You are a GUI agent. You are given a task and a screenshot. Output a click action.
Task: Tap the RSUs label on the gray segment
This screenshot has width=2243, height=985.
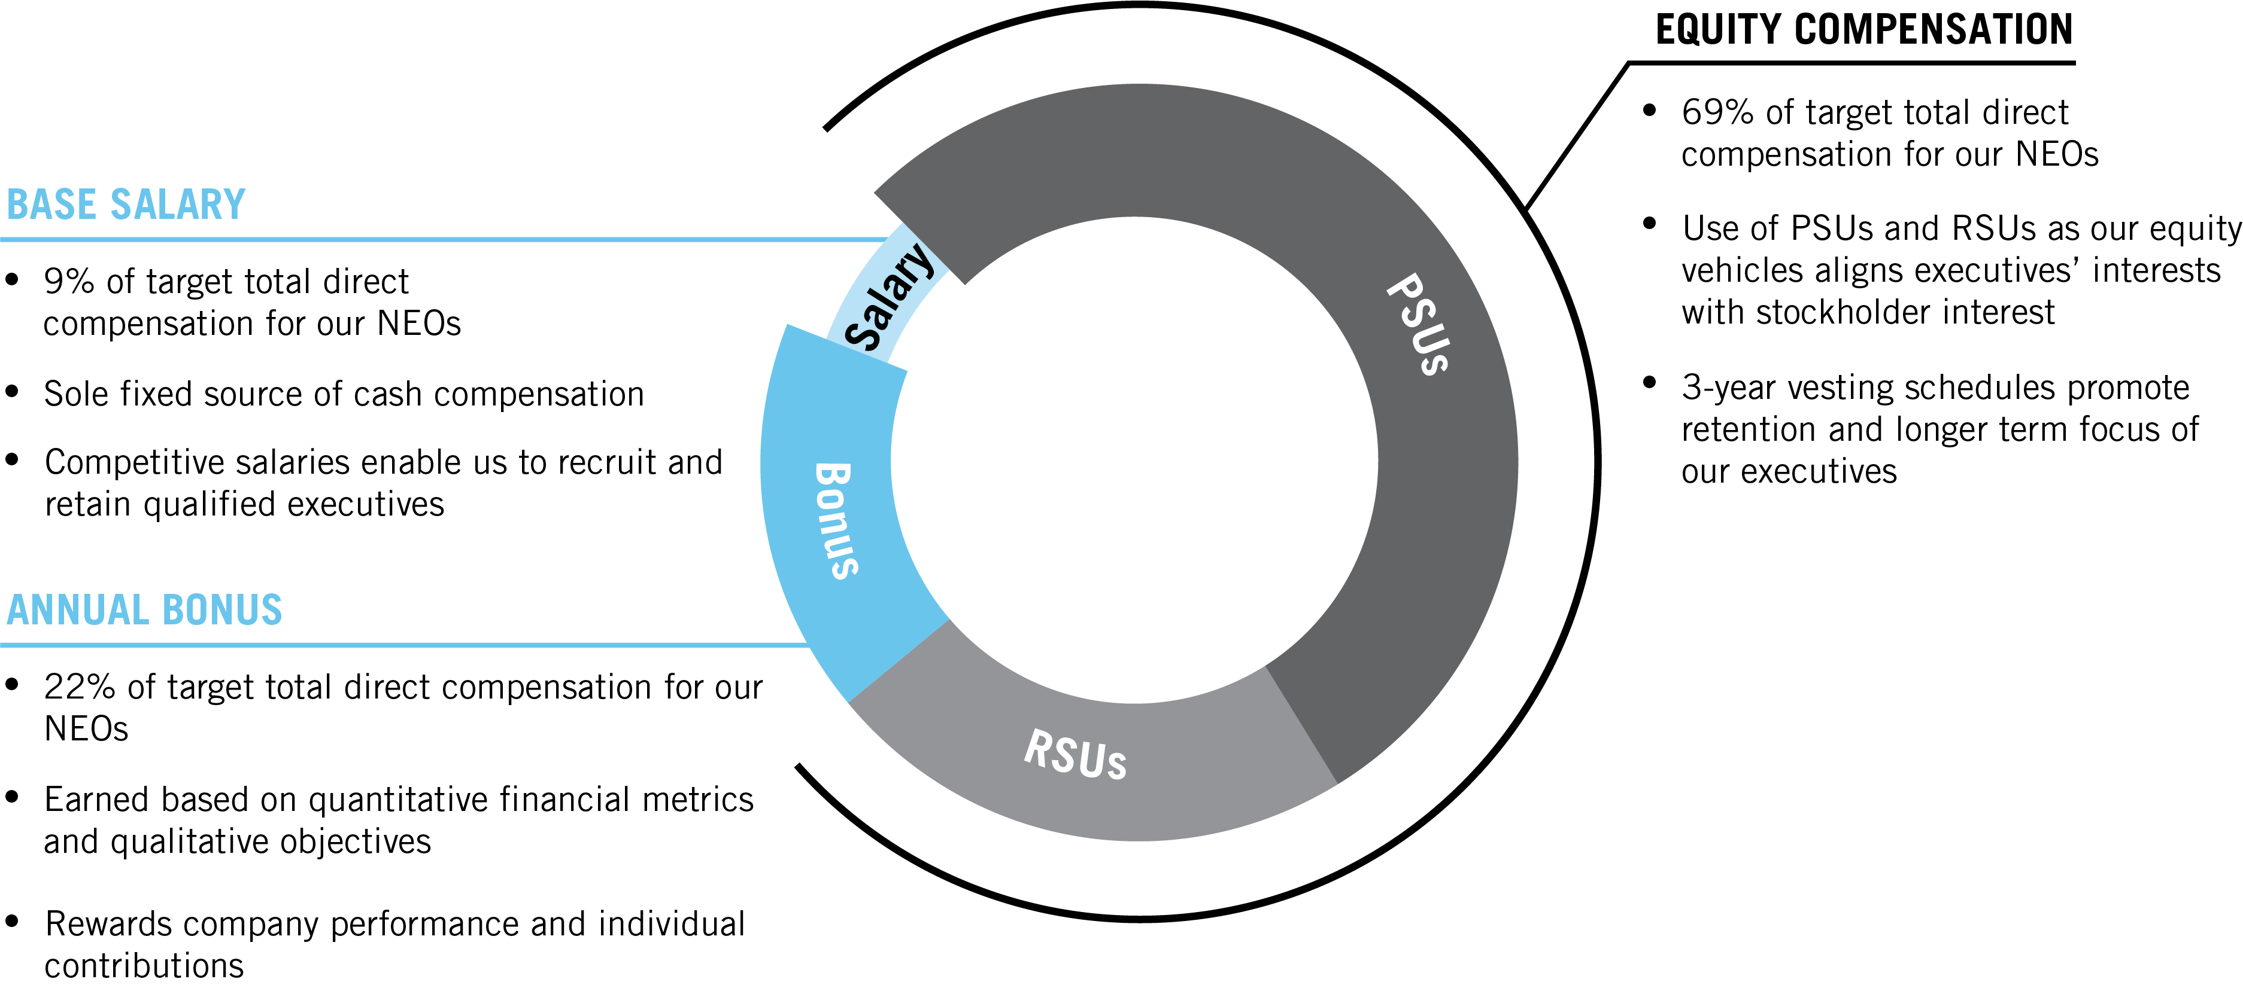[1076, 754]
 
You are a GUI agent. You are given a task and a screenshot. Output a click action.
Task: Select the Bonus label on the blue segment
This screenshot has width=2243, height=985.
[836, 520]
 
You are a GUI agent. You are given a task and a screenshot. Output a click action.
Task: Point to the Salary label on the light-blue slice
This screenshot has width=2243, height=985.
[889, 297]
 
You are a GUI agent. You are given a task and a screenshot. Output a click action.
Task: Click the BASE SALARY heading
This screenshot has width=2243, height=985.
[126, 205]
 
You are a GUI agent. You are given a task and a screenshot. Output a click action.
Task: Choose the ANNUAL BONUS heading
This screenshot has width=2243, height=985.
[144, 610]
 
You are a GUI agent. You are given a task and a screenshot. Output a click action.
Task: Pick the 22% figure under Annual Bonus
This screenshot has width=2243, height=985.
[79, 687]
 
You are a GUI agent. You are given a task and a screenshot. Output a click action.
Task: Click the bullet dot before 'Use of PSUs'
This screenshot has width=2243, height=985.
[1649, 224]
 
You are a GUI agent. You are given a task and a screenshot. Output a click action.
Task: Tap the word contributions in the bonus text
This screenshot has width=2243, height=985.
[144, 966]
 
